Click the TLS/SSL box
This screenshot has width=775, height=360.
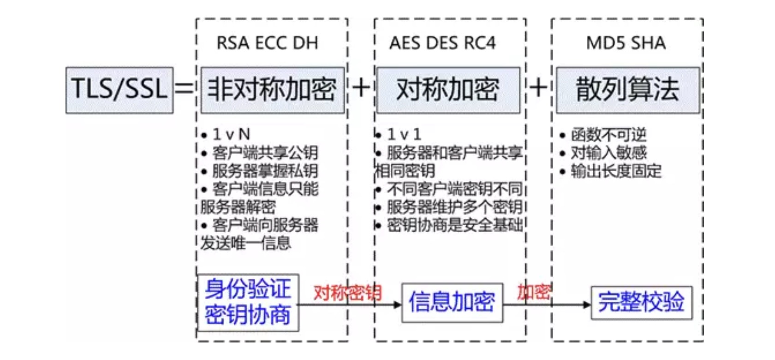click(119, 90)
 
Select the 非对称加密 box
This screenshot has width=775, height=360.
click(273, 90)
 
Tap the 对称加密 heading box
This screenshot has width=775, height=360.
click(448, 90)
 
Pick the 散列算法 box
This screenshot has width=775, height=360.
click(627, 90)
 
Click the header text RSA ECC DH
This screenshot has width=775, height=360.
click(268, 43)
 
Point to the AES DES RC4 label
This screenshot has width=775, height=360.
click(442, 43)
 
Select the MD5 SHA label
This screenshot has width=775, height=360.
click(626, 43)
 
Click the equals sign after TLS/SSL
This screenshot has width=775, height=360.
click(184, 88)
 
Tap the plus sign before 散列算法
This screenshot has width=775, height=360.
click(538, 88)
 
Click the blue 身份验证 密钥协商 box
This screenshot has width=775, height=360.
click(248, 302)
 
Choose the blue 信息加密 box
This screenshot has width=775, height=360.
click(452, 303)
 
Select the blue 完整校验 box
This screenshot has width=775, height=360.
click(641, 303)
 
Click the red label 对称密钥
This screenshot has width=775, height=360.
click(347, 293)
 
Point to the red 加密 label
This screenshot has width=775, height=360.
click(534, 292)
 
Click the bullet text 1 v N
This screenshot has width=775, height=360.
click(231, 134)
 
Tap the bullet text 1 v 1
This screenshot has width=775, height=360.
click(404, 134)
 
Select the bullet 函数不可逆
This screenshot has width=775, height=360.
click(608, 135)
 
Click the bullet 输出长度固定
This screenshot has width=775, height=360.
click(616, 171)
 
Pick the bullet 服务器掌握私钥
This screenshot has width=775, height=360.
click(265, 171)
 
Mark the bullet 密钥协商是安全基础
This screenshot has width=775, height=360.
click(454, 225)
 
